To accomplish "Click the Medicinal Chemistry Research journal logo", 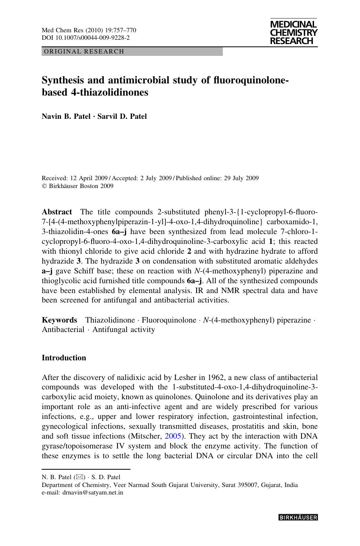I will (x=293, y=33).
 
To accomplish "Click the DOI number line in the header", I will (x=86, y=38).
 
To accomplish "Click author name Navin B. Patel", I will (x=66, y=116).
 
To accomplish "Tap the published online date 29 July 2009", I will (x=241, y=178).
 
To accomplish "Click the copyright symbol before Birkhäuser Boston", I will (x=44, y=186).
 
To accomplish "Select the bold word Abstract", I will (x=57, y=212).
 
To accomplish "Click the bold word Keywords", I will (x=59, y=320).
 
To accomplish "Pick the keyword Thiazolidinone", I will (x=110, y=320).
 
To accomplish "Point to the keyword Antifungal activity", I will (x=123, y=330).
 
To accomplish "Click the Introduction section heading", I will (x=64, y=358).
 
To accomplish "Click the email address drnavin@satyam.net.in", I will (x=93, y=492).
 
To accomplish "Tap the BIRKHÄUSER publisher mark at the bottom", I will (x=298, y=518).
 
